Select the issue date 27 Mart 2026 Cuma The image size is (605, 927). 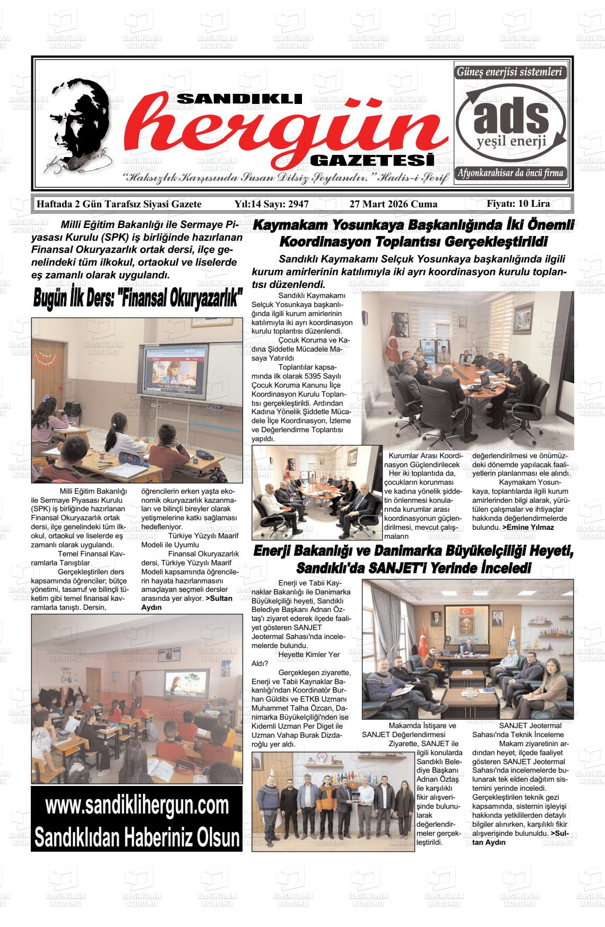click(x=393, y=204)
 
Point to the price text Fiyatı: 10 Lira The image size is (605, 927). click(x=518, y=204)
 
